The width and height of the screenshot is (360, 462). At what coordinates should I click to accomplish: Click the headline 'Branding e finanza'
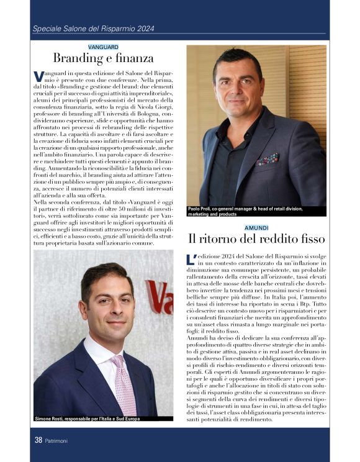coord(103,59)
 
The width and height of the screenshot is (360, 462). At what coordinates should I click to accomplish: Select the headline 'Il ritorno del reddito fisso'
coord(256,239)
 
